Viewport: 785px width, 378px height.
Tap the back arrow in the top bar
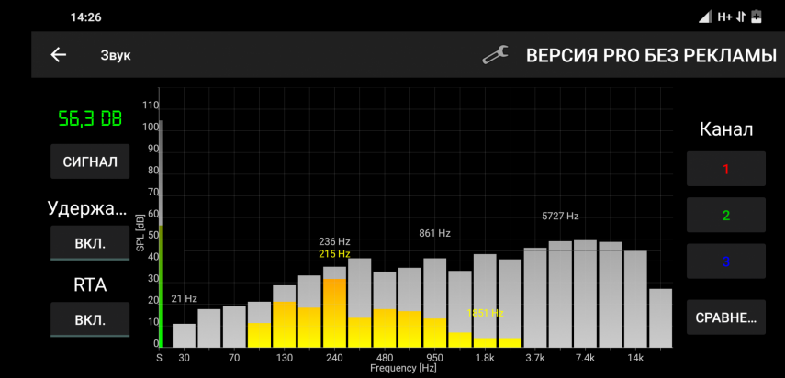coord(59,55)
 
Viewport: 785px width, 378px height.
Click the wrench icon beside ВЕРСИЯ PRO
coord(496,55)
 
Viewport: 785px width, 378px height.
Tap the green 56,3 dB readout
coord(89,118)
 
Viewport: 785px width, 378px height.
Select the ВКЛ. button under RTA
coord(89,320)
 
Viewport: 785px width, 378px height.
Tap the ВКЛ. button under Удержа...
coord(89,244)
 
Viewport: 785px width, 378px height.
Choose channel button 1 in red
coord(725,169)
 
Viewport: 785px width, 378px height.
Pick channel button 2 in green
coord(725,216)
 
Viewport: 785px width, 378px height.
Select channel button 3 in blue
coord(725,261)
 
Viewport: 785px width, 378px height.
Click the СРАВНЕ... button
coord(725,317)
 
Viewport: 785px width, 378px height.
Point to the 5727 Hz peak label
coord(560,217)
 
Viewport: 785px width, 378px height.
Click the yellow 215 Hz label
coord(334,253)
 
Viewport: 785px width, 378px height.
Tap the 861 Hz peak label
coord(435,234)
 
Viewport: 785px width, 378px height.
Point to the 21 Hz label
coord(185,298)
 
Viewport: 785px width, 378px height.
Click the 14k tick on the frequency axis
coord(635,357)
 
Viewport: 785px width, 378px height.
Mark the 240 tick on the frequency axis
coord(334,357)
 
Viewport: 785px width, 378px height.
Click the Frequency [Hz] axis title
coord(403,368)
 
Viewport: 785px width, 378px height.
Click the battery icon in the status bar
coord(757,17)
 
